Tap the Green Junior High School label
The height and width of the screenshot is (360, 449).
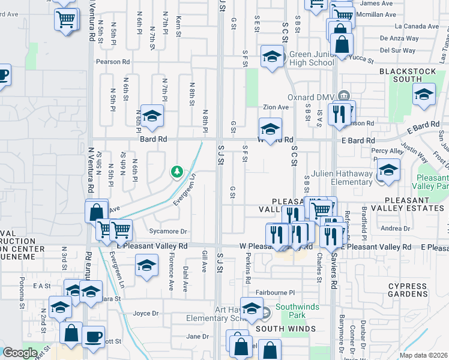click(312, 58)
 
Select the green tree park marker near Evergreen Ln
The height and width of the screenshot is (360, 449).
click(177, 172)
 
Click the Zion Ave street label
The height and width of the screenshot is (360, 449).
click(274, 107)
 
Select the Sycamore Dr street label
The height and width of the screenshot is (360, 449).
click(167, 231)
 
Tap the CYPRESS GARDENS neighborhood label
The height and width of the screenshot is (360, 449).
click(407, 291)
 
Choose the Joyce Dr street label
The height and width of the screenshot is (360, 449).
click(145, 313)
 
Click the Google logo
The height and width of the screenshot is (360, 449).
click(20, 353)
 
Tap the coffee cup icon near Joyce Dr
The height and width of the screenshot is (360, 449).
click(93, 337)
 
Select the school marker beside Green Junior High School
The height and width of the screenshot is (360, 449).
click(272, 57)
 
